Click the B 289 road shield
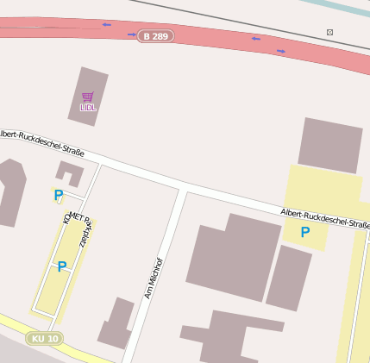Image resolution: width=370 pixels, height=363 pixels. pos(156,36)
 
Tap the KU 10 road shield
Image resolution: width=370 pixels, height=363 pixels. pos(44,339)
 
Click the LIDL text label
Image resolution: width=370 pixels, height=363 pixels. pos(88,108)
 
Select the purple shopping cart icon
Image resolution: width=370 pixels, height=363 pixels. pos(88,97)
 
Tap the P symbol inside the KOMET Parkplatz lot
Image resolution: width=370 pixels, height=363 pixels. pos(61,267)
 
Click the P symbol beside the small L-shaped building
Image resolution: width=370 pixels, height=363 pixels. pos(58,196)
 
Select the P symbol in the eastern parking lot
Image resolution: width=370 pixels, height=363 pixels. pos(304,232)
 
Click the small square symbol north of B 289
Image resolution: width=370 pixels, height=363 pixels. pos(329,32)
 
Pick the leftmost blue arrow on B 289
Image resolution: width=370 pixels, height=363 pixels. pos(106,25)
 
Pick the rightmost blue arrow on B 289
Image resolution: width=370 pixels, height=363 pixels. pos(281,51)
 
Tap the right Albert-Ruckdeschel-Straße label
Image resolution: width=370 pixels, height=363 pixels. pos(324,218)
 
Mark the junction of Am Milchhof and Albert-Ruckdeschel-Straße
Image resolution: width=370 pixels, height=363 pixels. pos(181,187)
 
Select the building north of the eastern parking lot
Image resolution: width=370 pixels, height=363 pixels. pos(329,146)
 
